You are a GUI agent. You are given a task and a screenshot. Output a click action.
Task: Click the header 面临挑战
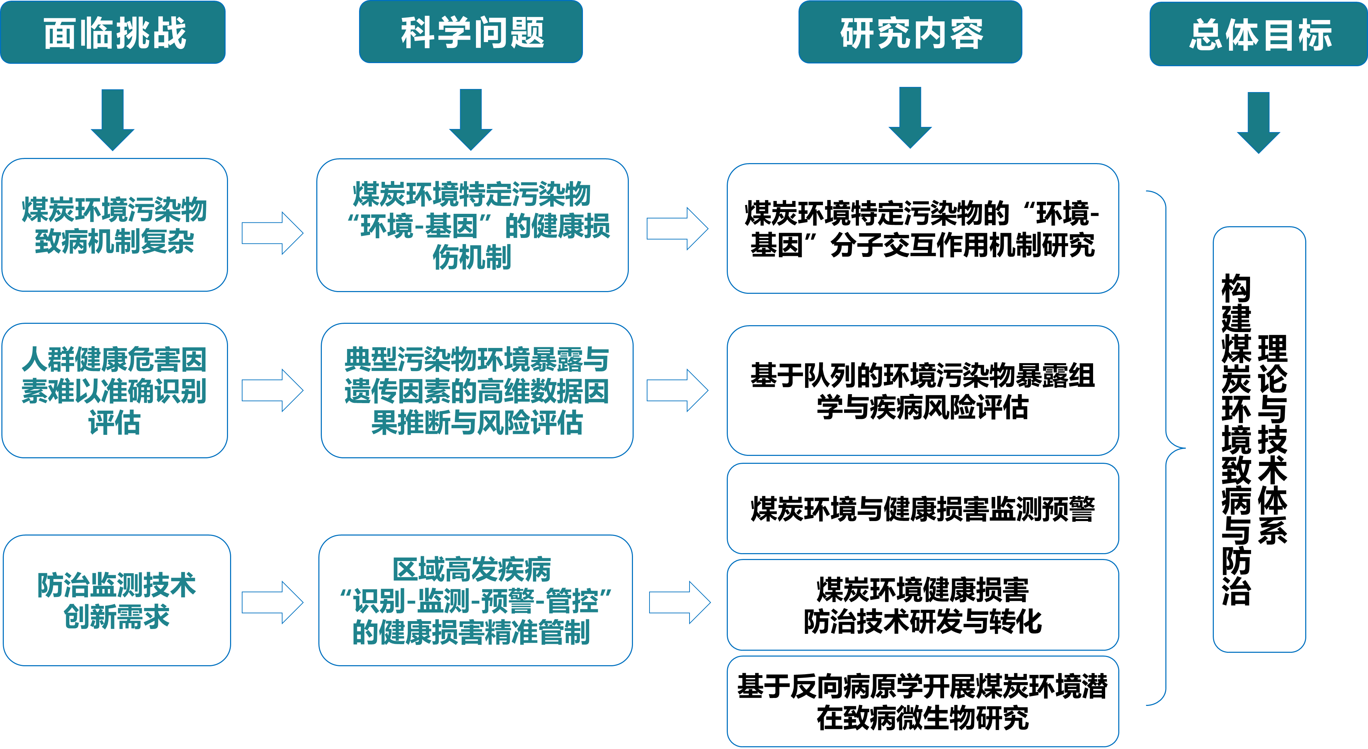pyautogui.click(x=113, y=33)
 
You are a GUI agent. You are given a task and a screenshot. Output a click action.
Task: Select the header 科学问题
pyautogui.click(x=471, y=32)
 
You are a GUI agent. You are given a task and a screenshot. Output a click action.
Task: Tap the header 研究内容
pyautogui.click(x=910, y=32)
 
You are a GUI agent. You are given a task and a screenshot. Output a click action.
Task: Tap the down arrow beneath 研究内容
pyautogui.click(x=910, y=118)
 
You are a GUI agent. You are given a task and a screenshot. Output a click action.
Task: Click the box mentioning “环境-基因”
pyautogui.click(x=472, y=225)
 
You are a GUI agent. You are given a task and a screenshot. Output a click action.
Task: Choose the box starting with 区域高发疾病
pyautogui.click(x=475, y=600)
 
